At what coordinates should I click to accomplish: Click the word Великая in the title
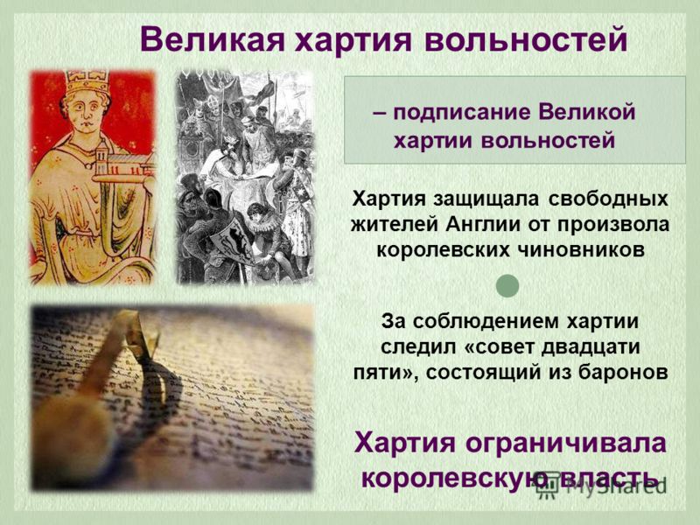213,39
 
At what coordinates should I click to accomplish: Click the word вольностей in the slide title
526,39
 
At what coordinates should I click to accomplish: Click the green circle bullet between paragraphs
507,286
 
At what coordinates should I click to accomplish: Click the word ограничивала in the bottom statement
566,444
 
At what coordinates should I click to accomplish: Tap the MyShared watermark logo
601,486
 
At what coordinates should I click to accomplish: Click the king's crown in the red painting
87,82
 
